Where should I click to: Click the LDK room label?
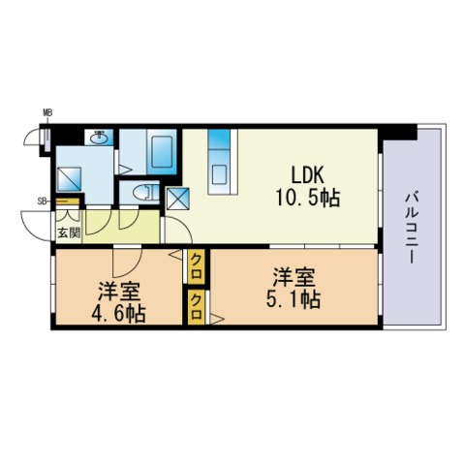tap(307, 175)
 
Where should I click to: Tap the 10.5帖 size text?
tap(307, 198)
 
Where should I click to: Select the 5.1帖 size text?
tap(294, 299)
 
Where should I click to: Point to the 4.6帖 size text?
tap(119, 313)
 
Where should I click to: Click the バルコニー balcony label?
tap(412, 229)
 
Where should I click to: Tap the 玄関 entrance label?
tap(69, 232)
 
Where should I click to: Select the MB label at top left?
tap(47, 112)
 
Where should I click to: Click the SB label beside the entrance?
tap(42, 201)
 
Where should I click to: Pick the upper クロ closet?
tap(197, 266)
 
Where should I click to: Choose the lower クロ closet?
tap(197, 307)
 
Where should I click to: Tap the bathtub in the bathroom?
tap(162, 151)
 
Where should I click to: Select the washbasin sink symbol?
tap(100, 138)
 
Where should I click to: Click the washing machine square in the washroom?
tap(69, 179)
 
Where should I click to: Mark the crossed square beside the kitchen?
tap(178, 199)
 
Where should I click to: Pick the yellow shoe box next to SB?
tap(68, 201)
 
